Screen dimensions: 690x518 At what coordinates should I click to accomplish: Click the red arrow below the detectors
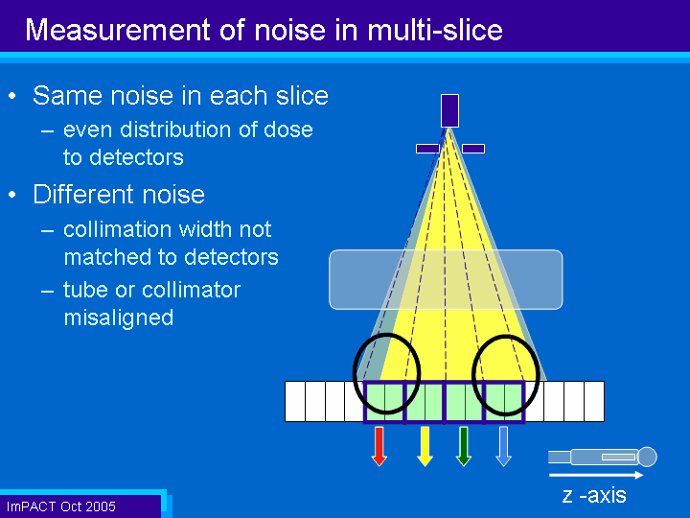pos(379,446)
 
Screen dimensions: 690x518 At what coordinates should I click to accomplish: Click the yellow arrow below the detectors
pos(425,446)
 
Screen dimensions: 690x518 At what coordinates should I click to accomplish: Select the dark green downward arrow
pos(464,446)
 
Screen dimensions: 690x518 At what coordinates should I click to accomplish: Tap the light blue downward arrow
pos(503,446)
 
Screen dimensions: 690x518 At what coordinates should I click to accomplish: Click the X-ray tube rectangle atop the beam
pos(449,110)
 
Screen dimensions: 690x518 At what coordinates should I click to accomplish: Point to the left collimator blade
pos(427,149)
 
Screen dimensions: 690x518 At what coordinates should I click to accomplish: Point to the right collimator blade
pos(473,149)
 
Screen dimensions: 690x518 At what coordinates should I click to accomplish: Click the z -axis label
pos(594,495)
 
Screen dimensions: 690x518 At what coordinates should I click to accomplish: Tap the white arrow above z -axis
pos(596,475)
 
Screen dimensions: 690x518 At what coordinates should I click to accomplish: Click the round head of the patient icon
pos(647,457)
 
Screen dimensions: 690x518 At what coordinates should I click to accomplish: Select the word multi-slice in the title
pos(435,30)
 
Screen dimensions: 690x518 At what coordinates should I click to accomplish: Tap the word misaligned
pos(119,318)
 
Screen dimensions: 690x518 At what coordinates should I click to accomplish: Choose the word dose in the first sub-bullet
pos(288,129)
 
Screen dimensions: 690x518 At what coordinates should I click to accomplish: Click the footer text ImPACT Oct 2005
pos(61,506)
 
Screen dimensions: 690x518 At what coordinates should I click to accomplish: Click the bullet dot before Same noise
pos(12,96)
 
